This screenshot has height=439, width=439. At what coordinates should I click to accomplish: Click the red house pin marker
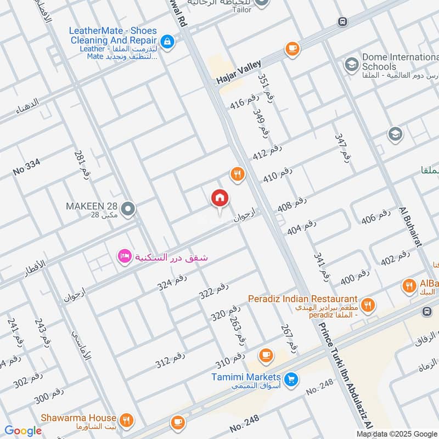(220, 199)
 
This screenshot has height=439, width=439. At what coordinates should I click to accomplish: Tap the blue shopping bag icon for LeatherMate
(168, 41)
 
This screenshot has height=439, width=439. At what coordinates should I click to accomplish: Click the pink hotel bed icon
(125, 256)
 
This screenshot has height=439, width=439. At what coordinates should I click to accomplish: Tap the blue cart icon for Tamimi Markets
(291, 378)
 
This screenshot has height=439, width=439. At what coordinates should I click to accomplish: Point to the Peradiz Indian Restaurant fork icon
(368, 303)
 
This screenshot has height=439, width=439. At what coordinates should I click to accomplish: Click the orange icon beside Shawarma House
(126, 421)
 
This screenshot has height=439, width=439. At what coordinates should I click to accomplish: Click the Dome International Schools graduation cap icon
(351, 65)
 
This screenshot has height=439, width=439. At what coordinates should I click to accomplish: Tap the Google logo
(23, 431)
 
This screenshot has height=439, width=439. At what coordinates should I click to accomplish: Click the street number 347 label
(342, 147)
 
